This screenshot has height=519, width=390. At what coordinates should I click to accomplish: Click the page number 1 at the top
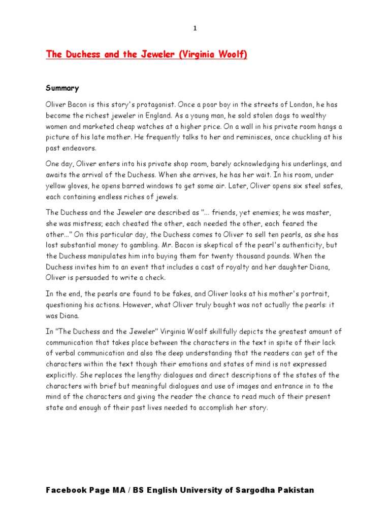(x=194, y=28)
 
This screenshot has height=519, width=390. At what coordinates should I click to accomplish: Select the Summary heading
(x=62, y=88)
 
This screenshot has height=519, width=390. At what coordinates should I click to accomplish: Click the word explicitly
(x=61, y=376)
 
